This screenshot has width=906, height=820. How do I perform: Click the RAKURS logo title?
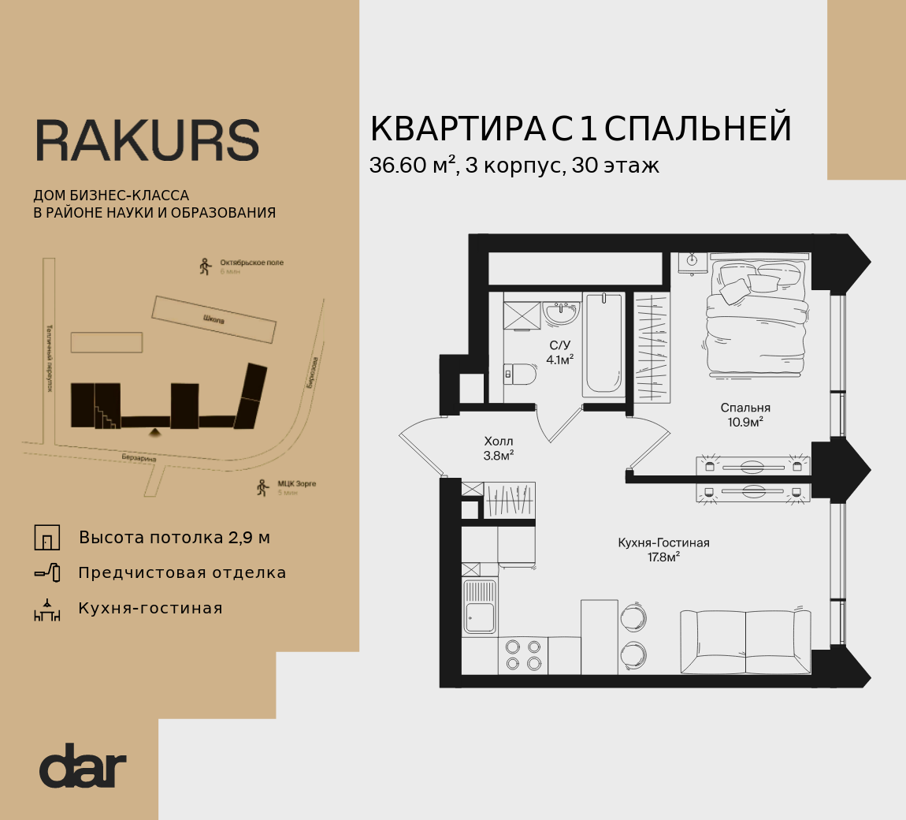click(x=147, y=141)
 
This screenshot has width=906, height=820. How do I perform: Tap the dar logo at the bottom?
click(x=83, y=766)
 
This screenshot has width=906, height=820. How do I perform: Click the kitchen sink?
click(x=479, y=606)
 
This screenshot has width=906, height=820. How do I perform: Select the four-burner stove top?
click(x=523, y=655)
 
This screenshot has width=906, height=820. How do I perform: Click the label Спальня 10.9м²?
click(x=744, y=415)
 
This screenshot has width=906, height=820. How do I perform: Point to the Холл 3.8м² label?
click(x=499, y=448)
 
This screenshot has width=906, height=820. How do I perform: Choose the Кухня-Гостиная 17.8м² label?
click(x=663, y=550)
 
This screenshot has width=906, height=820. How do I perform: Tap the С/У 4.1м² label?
click(x=559, y=352)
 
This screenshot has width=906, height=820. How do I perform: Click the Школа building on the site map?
click(x=214, y=319)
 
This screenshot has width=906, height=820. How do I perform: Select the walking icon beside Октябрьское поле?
click(x=206, y=266)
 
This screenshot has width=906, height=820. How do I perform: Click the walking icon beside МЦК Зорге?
click(x=263, y=488)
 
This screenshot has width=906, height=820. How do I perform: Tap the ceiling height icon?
click(x=47, y=538)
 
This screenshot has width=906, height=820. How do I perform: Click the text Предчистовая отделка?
click(x=182, y=573)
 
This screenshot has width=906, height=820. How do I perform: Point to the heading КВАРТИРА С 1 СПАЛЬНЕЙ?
click(x=581, y=129)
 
